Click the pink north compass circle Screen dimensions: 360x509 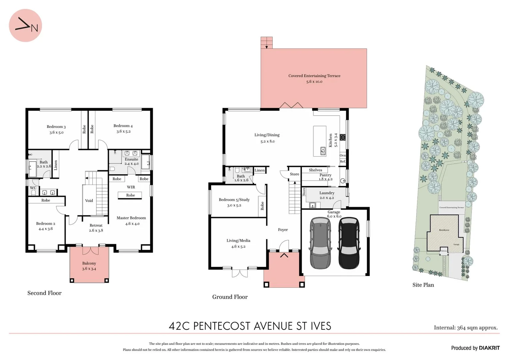coord(25,26)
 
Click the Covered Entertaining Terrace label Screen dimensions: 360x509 coord(314,76)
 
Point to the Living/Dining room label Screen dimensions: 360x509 coord(267,135)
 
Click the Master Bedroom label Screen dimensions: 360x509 coord(131,218)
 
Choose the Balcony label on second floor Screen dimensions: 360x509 coord(89,263)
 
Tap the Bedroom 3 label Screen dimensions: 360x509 coord(56,127)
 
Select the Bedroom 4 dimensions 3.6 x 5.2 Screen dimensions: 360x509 coord(123,131)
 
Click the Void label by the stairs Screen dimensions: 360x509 coord(89,201)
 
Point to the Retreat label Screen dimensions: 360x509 coord(96,225)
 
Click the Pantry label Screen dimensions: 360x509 coord(325,175)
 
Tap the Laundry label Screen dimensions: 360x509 coord(327,193)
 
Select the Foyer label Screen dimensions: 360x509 coord(283,230)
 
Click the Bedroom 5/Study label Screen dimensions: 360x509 coord(234,200)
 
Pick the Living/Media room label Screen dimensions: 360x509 coord(238,241)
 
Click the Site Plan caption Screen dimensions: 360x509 coord(423,285)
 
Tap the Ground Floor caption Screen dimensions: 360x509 coord(230,297)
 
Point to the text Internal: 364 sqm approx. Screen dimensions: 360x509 coord(466,328)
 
